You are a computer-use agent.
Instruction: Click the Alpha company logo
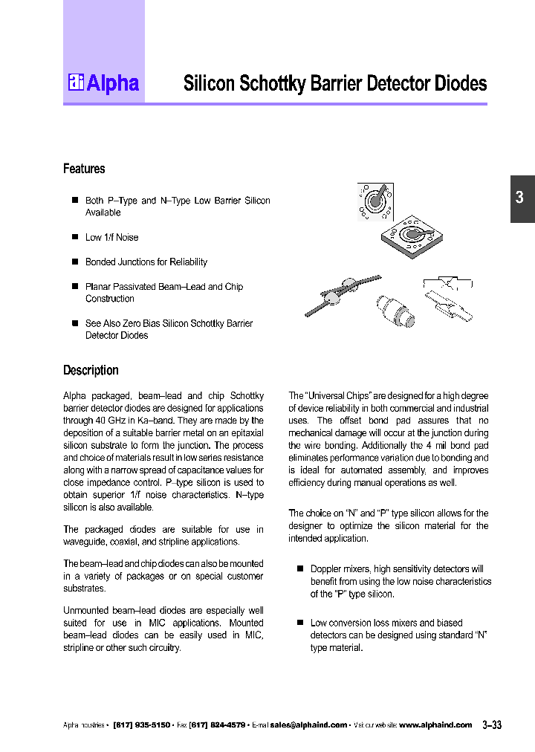(103, 83)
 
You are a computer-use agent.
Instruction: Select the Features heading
(84, 169)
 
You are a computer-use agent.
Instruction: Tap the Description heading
(91, 370)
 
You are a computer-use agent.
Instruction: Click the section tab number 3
(520, 198)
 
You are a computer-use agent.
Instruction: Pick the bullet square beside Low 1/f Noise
(74, 237)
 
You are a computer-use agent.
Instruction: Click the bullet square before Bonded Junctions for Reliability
(74, 262)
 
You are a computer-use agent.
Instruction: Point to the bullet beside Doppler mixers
(300, 568)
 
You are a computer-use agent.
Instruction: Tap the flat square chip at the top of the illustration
(375, 201)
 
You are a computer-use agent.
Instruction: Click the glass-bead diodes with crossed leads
(343, 293)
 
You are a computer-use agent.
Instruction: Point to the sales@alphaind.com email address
(308, 725)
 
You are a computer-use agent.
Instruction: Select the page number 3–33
(492, 725)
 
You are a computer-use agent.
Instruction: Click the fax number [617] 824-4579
(217, 725)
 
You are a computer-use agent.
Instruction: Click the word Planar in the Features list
(99, 286)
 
